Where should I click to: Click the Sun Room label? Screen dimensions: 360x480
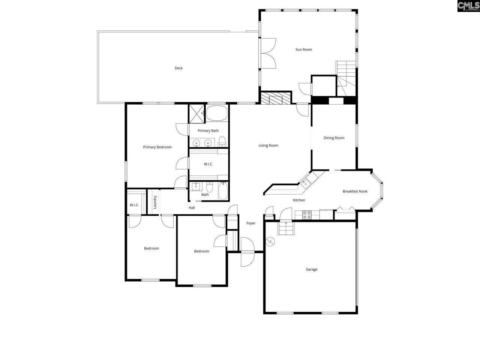click(304, 49)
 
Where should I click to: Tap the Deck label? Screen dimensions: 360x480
click(178, 68)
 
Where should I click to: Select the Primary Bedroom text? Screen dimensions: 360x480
click(157, 147)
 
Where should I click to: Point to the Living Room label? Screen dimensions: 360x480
click(268, 145)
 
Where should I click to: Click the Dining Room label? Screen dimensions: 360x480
click(334, 138)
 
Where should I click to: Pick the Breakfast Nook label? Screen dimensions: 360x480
click(355, 191)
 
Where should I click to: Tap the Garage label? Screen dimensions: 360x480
click(311, 269)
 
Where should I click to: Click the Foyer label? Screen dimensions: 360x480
click(251, 223)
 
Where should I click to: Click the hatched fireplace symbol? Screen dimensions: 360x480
click(276, 99)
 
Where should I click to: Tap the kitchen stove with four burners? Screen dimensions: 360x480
click(307, 215)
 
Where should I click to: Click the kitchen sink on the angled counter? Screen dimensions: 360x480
click(305, 183)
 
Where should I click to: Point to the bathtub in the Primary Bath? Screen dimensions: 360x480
click(217, 113)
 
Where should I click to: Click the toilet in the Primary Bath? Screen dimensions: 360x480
click(222, 141)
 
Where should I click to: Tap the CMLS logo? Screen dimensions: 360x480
click(468, 6)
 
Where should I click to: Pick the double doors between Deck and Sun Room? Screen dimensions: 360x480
click(268, 53)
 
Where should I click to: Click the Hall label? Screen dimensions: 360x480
click(192, 208)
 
